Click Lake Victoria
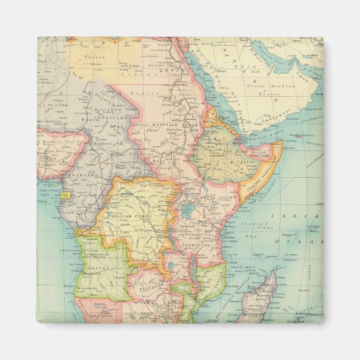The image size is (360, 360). tap(188, 210)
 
